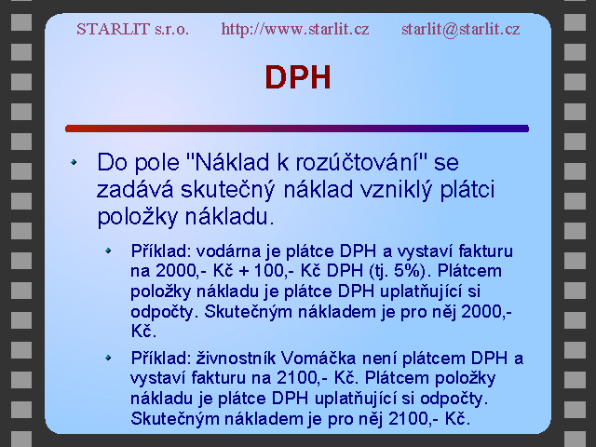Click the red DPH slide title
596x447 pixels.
click(x=298, y=77)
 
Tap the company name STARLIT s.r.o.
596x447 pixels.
click(x=132, y=29)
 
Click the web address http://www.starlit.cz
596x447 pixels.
click(x=295, y=29)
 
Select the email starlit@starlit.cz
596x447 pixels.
click(x=461, y=29)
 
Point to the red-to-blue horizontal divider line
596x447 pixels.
click(x=297, y=129)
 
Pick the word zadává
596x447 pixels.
click(x=135, y=189)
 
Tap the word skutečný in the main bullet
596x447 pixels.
click(x=227, y=190)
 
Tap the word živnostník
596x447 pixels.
click(x=236, y=359)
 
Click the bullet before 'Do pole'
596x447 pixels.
click(x=74, y=162)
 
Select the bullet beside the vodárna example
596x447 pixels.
click(x=108, y=251)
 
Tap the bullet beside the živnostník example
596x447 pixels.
click(x=108, y=358)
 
